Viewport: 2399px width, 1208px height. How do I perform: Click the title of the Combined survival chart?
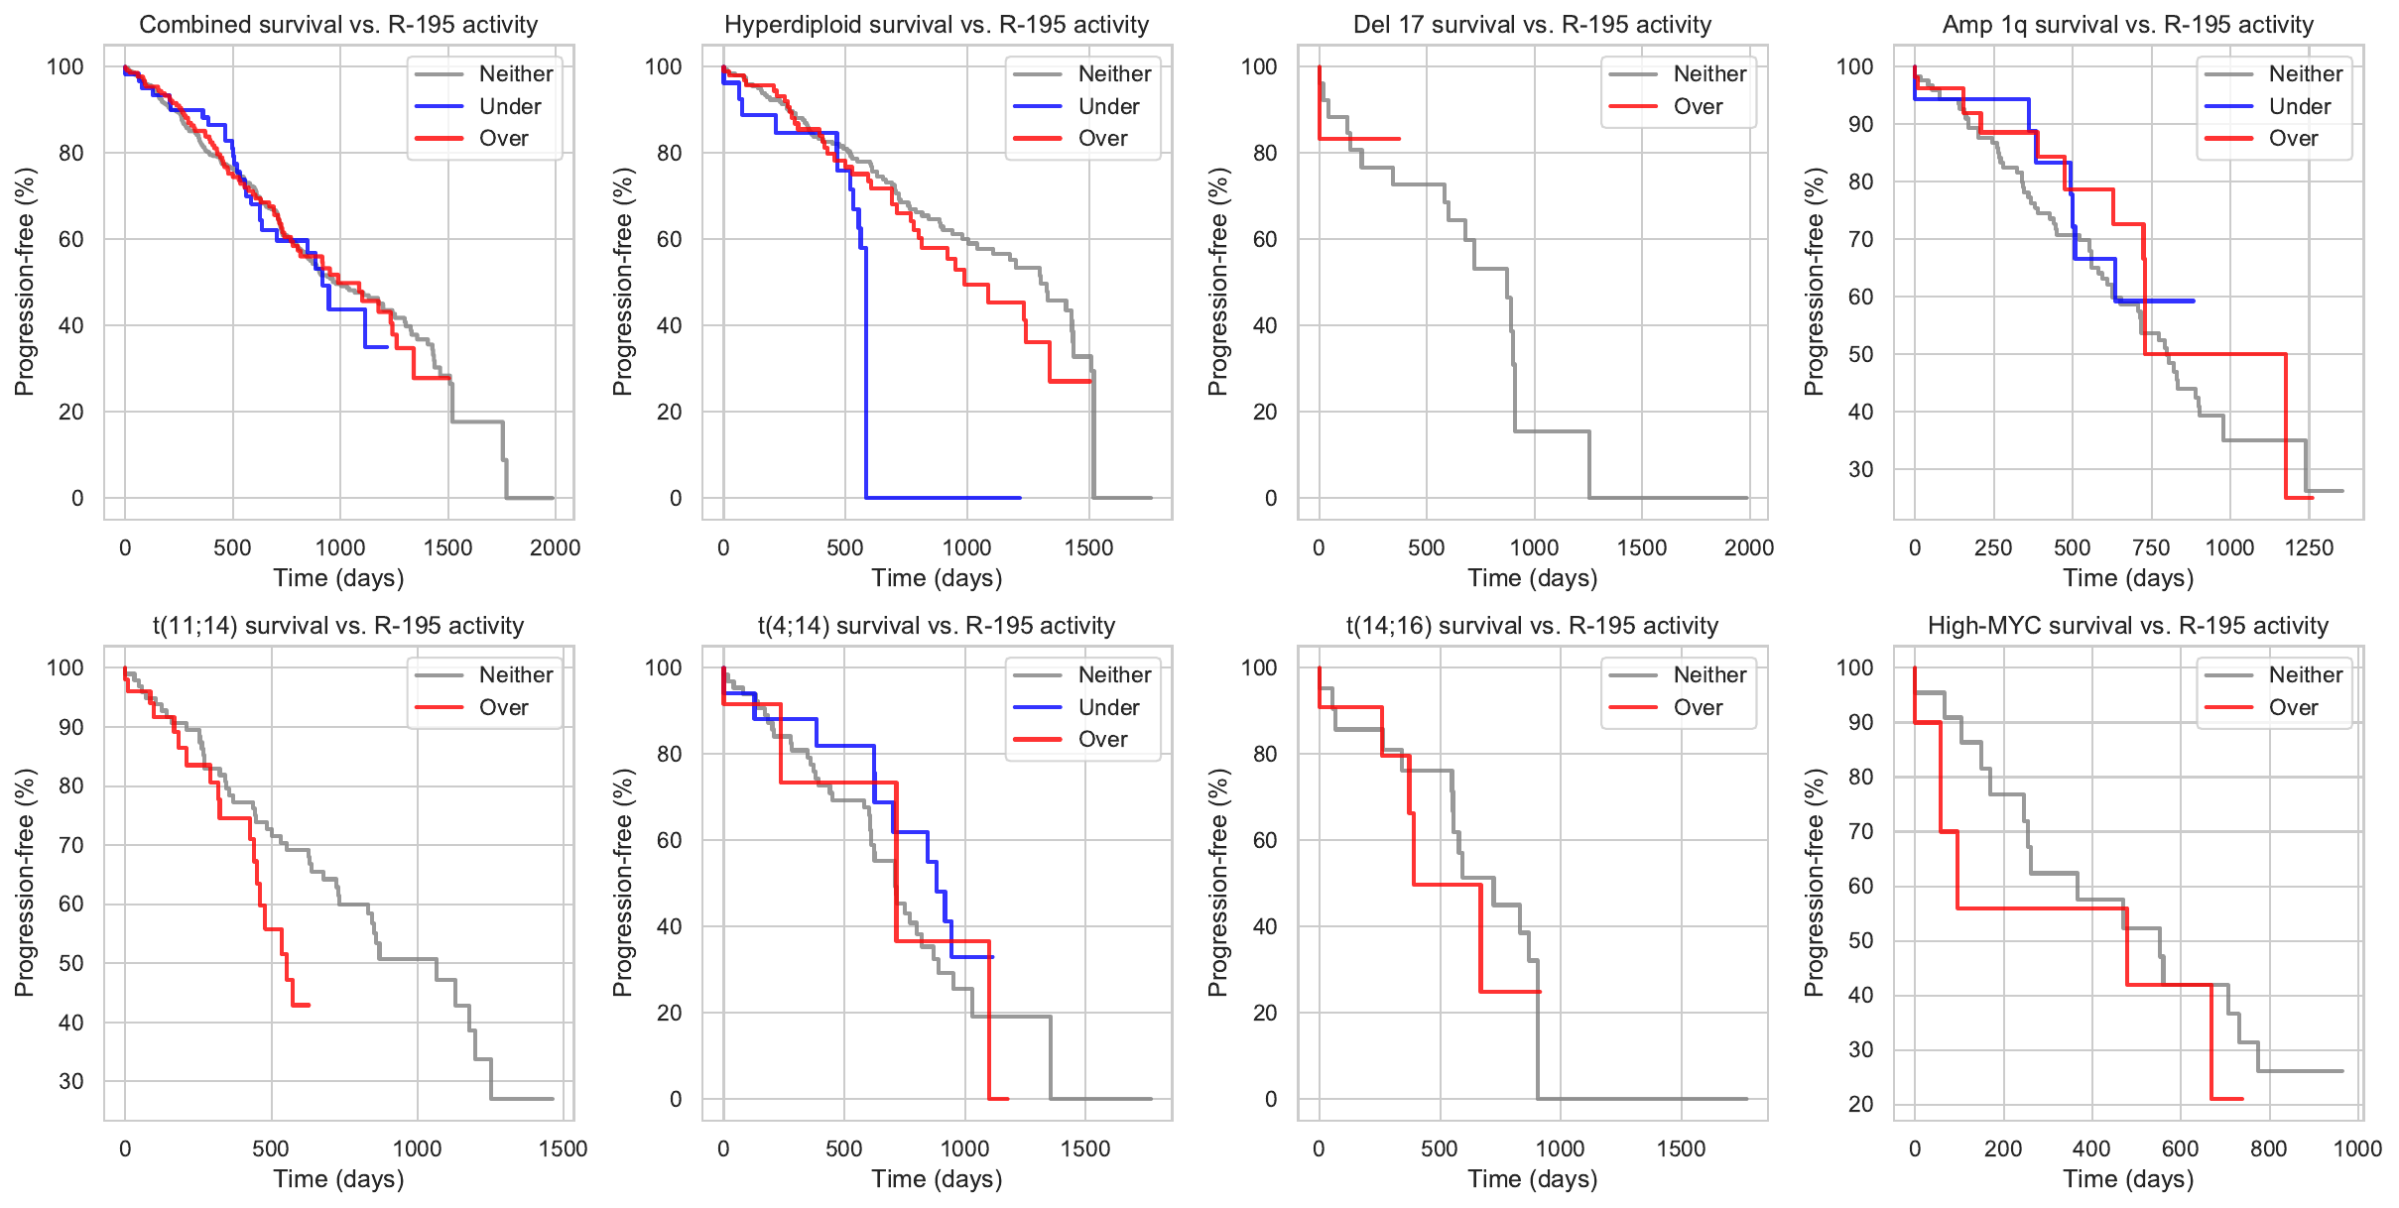point(338,25)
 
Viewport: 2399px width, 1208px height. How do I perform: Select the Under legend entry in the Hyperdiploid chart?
point(1108,106)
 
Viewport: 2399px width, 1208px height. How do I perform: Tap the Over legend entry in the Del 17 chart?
point(1698,106)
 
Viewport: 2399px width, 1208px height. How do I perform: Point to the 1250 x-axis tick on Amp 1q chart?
point(2309,547)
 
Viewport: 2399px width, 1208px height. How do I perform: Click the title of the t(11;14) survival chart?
point(338,626)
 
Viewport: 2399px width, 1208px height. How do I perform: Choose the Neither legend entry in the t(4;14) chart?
point(1114,674)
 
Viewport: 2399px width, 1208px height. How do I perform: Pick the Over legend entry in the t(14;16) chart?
point(1698,707)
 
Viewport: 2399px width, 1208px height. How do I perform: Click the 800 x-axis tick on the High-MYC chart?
point(2269,1148)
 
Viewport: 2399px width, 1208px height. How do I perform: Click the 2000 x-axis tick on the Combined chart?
point(555,547)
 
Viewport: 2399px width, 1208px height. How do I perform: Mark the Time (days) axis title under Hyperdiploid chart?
point(937,578)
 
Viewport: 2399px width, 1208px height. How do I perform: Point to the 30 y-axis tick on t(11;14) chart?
point(71,1081)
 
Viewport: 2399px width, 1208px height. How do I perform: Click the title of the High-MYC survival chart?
point(2127,626)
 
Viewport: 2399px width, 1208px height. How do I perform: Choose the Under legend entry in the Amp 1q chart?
point(2299,106)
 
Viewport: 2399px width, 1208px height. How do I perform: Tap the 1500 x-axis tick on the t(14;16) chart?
point(1681,1148)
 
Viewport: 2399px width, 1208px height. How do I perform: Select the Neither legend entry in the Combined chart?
point(515,73)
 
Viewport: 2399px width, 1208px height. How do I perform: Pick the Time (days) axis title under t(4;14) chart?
point(937,1179)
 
